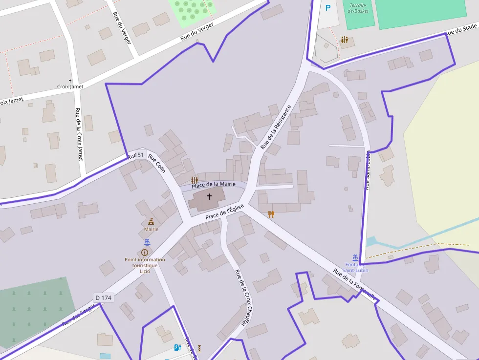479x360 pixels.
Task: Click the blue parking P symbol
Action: click(328, 8)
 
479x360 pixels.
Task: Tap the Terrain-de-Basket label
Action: click(358, 8)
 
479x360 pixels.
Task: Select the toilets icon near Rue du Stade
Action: click(345, 40)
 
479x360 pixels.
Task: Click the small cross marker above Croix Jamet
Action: click(70, 80)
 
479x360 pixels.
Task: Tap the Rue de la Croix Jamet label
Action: click(79, 134)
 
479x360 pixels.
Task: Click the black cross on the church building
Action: click(209, 197)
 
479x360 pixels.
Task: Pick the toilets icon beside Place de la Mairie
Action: click(195, 180)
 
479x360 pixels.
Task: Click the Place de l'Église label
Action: click(224, 212)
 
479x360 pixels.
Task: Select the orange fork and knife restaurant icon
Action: click(271, 214)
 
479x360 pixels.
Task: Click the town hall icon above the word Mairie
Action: click(151, 221)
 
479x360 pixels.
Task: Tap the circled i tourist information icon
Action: click(144, 252)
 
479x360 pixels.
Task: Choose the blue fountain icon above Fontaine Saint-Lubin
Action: click(355, 257)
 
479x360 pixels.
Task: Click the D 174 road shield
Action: click(103, 297)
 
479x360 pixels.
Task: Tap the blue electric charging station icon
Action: click(178, 347)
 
